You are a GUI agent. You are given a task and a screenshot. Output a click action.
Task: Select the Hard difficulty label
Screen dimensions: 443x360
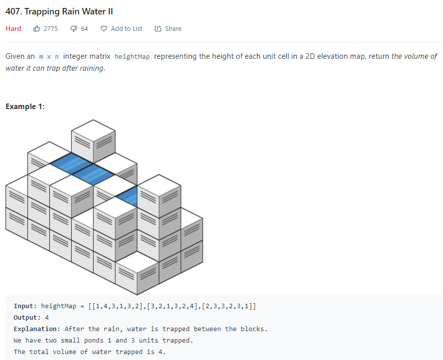(x=13, y=28)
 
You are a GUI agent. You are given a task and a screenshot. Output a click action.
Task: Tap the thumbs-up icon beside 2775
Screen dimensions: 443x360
(x=37, y=28)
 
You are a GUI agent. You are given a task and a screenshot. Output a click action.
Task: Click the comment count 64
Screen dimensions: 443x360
(x=84, y=28)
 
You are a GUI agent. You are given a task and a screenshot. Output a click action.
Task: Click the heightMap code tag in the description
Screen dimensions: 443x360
(x=132, y=56)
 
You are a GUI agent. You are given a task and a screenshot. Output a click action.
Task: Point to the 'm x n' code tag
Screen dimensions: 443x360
(x=49, y=56)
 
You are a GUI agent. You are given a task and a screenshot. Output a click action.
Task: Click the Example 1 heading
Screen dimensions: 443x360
(x=25, y=107)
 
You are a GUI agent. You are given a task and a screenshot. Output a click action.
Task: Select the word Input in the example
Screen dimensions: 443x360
(x=23, y=306)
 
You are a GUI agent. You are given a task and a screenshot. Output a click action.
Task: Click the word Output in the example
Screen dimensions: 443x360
(x=25, y=317)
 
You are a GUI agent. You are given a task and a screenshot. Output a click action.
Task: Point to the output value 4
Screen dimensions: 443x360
(x=47, y=317)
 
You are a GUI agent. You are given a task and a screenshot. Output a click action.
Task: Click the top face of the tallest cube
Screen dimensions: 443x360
(x=93, y=128)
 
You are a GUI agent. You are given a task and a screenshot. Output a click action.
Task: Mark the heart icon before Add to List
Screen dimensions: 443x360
(x=104, y=28)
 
